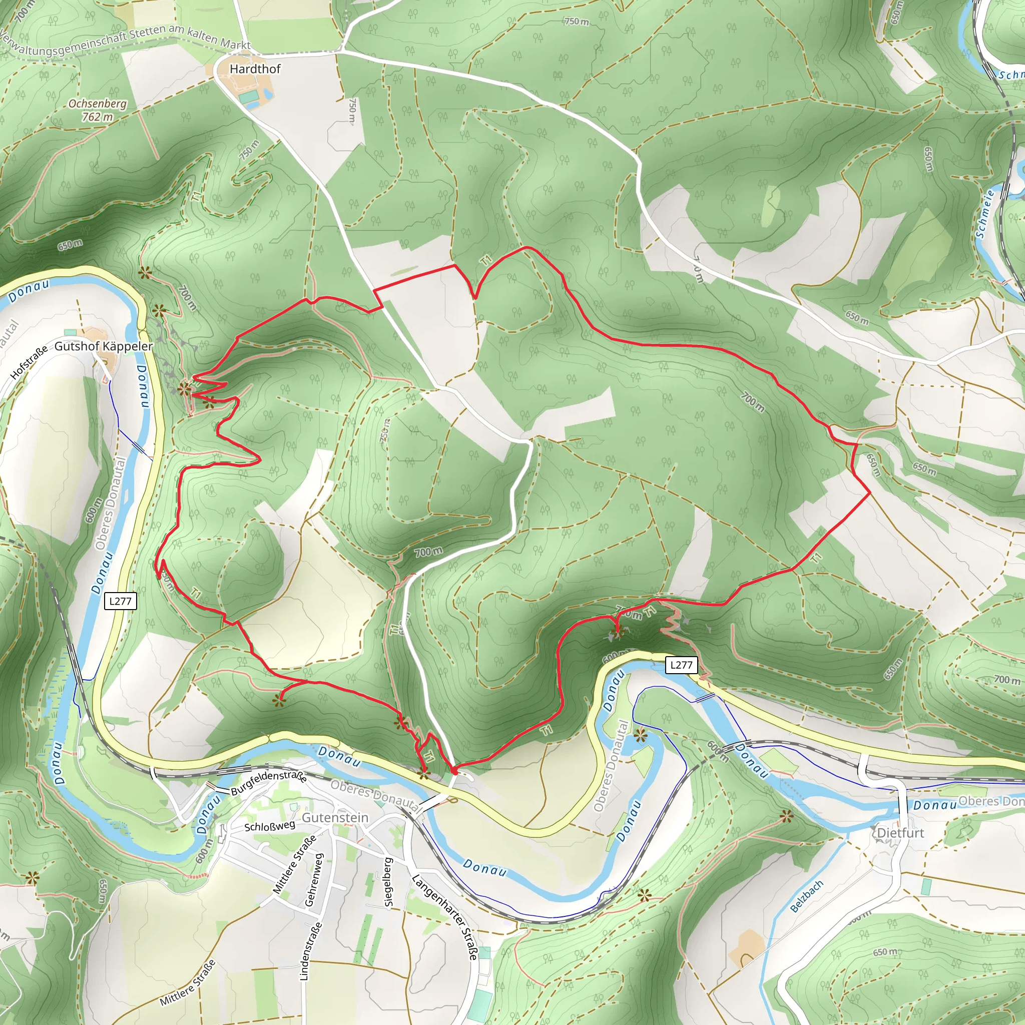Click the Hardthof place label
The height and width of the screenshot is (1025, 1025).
pyautogui.click(x=255, y=69)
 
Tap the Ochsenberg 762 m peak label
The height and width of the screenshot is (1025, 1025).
pyautogui.click(x=98, y=110)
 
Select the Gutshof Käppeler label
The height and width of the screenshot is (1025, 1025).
pyautogui.click(x=104, y=346)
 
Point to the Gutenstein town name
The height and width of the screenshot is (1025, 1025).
pyautogui.click(x=335, y=818)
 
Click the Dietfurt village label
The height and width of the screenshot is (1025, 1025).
pyautogui.click(x=900, y=832)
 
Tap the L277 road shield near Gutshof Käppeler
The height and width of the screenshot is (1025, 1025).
pyautogui.click(x=121, y=601)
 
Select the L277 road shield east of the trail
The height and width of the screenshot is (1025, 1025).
pyautogui.click(x=681, y=665)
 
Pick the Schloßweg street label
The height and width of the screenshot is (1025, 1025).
pyautogui.click(x=270, y=827)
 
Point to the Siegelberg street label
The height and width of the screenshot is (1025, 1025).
pyautogui.click(x=388, y=883)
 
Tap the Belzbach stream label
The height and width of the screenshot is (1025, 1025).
pyautogui.click(x=806, y=896)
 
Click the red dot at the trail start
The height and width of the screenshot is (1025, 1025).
pyautogui.click(x=453, y=770)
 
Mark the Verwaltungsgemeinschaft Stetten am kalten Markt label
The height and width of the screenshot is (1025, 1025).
pyautogui.click(x=125, y=41)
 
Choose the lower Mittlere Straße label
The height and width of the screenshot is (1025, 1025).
pyautogui.click(x=188, y=982)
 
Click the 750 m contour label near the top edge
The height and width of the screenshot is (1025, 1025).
pyautogui.click(x=577, y=22)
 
